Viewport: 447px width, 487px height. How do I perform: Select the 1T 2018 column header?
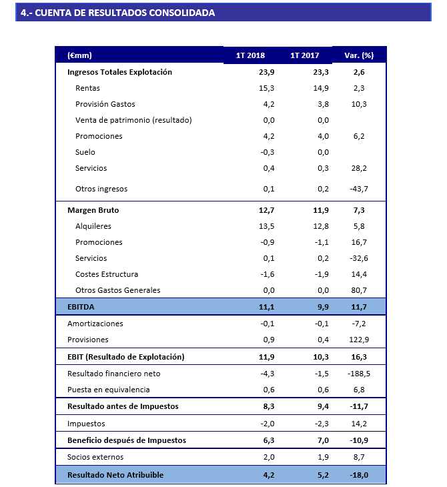[x=250, y=55]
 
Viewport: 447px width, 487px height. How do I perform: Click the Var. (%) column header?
[x=358, y=55]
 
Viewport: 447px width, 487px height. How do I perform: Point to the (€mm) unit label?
[x=79, y=55]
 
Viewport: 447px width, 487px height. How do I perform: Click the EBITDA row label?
[x=82, y=306]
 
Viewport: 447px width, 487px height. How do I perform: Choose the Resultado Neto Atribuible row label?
[x=115, y=475]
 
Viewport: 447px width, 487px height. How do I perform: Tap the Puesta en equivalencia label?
[x=109, y=390]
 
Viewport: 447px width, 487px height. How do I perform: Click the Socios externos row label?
[x=95, y=457]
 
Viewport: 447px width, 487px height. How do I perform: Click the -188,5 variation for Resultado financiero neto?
[x=358, y=374]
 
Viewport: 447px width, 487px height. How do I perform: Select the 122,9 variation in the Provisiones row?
[x=360, y=340]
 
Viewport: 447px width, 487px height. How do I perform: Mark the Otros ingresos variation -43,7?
[x=360, y=189]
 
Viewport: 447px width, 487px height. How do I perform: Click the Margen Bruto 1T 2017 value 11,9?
[x=321, y=210]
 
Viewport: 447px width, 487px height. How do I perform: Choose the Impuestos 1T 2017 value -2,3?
[x=321, y=424]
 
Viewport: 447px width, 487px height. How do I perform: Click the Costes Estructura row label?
[x=107, y=274]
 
